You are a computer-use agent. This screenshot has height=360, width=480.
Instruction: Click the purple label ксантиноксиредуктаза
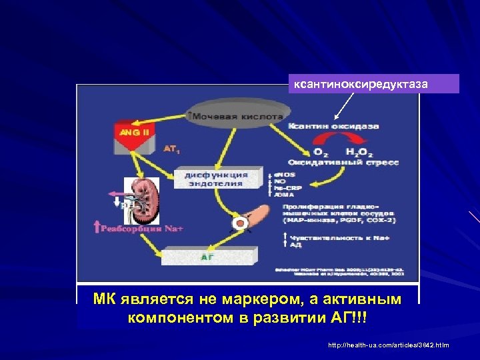click(374, 84)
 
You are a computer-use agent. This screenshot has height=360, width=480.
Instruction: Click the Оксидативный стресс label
click(343, 162)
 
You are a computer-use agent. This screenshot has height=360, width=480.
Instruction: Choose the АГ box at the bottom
click(207, 256)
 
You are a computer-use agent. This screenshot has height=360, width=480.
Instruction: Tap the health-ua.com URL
click(389, 345)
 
